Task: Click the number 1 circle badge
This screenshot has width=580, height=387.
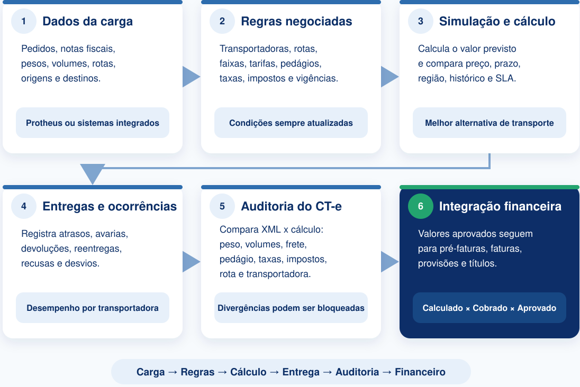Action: point(24,21)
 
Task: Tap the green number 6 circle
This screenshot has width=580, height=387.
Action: point(421,206)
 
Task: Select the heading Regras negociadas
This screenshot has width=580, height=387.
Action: point(296,22)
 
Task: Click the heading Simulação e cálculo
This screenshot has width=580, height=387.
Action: point(497,22)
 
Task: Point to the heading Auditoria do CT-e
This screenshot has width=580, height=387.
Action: point(291,206)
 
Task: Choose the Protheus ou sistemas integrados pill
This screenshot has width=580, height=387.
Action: point(93,123)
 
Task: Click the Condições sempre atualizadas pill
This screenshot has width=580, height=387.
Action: point(291,123)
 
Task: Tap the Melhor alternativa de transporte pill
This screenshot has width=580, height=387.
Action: point(490,123)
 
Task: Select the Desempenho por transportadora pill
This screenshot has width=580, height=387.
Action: point(93,308)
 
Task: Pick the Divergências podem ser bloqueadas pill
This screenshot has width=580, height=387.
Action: point(291,308)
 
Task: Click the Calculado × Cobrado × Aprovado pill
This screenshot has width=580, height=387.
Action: point(490,308)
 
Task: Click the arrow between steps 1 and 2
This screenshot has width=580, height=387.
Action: point(191,77)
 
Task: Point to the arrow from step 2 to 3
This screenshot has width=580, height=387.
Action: point(390,77)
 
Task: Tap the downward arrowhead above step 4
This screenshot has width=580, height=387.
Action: point(93,173)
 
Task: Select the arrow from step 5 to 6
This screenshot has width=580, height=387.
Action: point(390,262)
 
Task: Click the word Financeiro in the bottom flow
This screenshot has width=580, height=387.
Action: point(420,372)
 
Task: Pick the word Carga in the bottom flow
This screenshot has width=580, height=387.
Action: point(150,372)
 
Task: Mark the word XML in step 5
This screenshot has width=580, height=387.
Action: point(271,229)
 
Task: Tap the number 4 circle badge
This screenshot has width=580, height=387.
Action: point(24,206)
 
